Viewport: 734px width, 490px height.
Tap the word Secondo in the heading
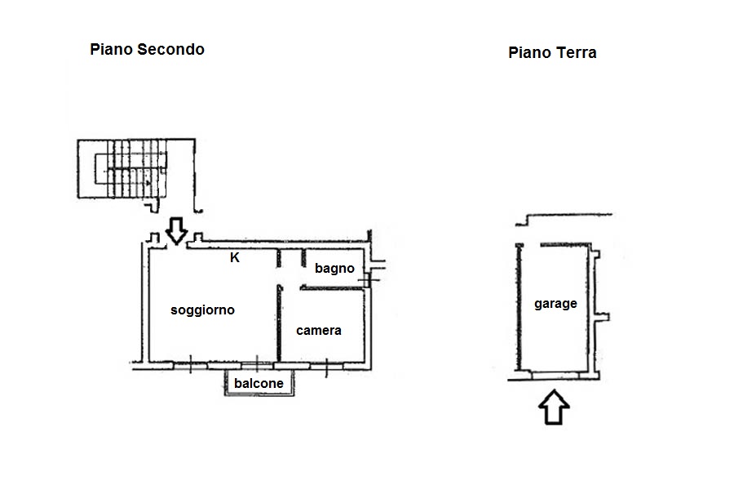coord(170,49)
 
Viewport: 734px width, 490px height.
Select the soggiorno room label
coord(202,310)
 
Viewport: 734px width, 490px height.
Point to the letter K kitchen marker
coord(235,257)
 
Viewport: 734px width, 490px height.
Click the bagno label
coord(334,268)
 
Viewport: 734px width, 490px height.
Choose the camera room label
coord(318,331)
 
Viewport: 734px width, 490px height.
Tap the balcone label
coord(259,384)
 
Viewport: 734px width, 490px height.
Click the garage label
coord(555,304)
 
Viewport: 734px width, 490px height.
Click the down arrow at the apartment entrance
coord(176,230)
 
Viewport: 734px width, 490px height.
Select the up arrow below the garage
coord(554,407)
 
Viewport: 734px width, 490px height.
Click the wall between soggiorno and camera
coord(279,323)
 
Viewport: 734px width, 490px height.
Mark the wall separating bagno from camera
coord(333,288)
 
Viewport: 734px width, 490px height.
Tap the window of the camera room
coord(327,366)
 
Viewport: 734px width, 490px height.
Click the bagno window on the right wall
coord(369,276)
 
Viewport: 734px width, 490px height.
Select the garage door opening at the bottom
coord(555,375)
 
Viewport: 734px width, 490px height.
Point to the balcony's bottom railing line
coord(259,394)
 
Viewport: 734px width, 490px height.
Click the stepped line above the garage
coord(564,219)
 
